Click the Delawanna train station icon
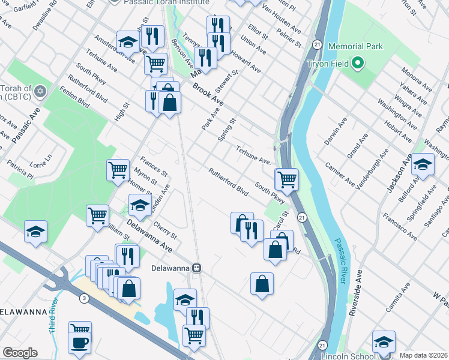[x=196, y=268]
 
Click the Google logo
[x=20, y=353]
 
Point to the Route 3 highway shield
[x=83, y=298]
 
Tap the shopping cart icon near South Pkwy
[x=287, y=179]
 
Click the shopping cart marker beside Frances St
[x=118, y=170]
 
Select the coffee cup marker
[x=79, y=343]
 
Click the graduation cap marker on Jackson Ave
[x=423, y=164]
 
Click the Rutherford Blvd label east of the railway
[x=228, y=181]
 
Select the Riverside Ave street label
[x=358, y=287]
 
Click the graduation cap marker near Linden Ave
[x=140, y=206]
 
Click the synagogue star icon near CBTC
[x=40, y=92]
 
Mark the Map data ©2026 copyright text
[x=423, y=355]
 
